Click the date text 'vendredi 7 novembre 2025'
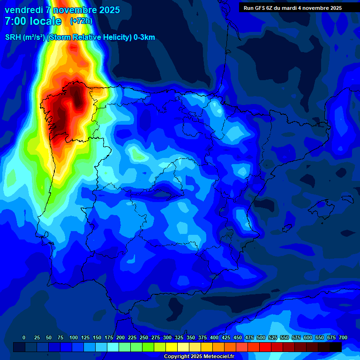pos(62,10)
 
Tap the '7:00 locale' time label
pos(33,21)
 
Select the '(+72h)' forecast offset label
pos(81,21)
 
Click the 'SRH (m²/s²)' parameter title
pos(25,37)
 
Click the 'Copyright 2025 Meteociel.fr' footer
pos(199,357)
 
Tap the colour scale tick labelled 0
pos(24,337)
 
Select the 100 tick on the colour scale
pos(74,337)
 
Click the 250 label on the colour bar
pos(144,337)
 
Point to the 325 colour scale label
pos(179,337)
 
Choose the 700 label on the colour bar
pos(343,337)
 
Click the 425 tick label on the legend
pos(226,337)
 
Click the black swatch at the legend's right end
pos(336,347)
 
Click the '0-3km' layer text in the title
pos(144,37)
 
